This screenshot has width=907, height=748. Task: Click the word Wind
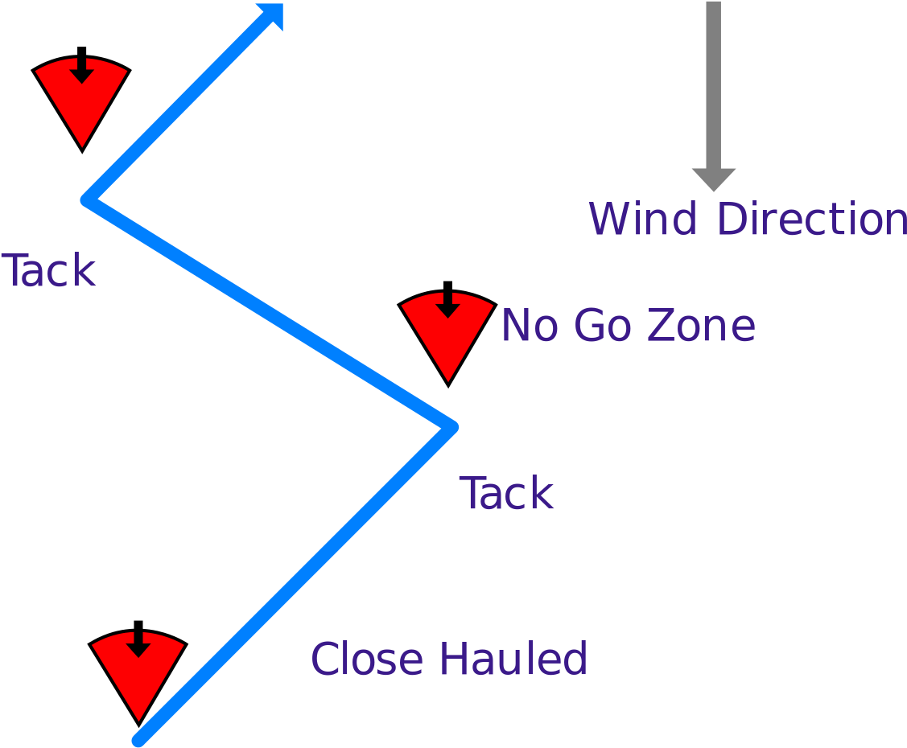click(641, 219)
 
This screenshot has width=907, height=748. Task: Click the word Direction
click(811, 219)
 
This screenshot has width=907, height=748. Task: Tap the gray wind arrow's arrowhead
click(714, 179)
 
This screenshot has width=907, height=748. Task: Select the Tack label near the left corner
click(49, 270)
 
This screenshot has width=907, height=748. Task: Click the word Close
click(367, 659)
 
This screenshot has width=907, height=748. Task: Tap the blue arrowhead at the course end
click(272, 16)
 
